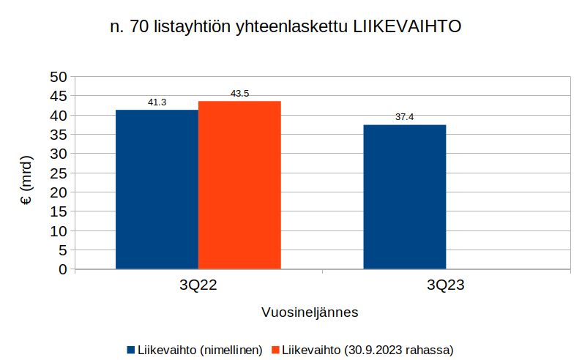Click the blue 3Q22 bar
pyautogui.click(x=157, y=190)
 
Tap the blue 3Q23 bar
pyautogui.click(x=404, y=197)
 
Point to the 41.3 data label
pyautogui.click(x=157, y=102)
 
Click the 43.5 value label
pyautogui.click(x=239, y=94)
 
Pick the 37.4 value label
pyautogui.click(x=404, y=117)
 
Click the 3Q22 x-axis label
pyautogui.click(x=198, y=286)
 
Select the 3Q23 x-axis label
pyautogui.click(x=446, y=286)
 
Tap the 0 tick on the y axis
pyautogui.click(x=62, y=269)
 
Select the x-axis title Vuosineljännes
pyautogui.click(x=310, y=312)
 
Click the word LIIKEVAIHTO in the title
pyautogui.click(x=407, y=27)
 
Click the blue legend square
pyautogui.click(x=131, y=350)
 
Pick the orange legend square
pyautogui.click(x=275, y=350)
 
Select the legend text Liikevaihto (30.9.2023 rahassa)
pyautogui.click(x=368, y=350)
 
